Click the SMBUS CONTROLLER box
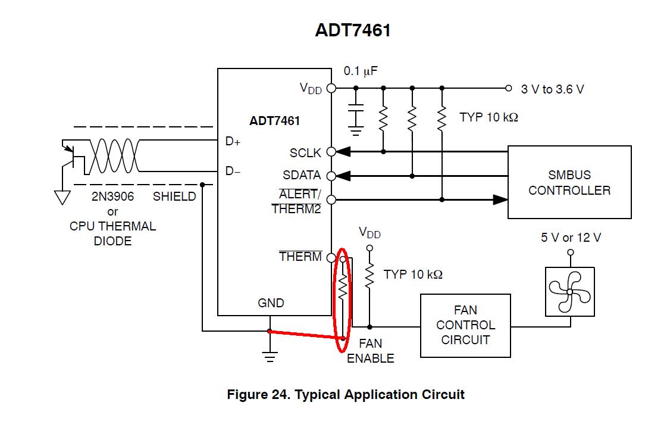pyautogui.click(x=569, y=182)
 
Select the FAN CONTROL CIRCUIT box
pyautogui.click(x=465, y=325)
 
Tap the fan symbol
pyautogui.click(x=569, y=291)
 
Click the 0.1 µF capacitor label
pyautogui.click(x=361, y=71)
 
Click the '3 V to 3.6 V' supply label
pyautogui.click(x=552, y=89)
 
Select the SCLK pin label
pyautogui.click(x=305, y=153)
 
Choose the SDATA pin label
pyautogui.click(x=302, y=176)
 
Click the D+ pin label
pyautogui.click(x=233, y=142)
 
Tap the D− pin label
pyautogui.click(x=233, y=172)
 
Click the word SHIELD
pyautogui.click(x=174, y=197)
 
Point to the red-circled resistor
pyautogui.click(x=343, y=289)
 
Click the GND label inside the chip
pyautogui.click(x=271, y=303)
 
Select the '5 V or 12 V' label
pyautogui.click(x=571, y=238)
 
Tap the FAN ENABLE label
pyautogui.click(x=370, y=351)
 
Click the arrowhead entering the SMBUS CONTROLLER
pyautogui.click(x=500, y=199)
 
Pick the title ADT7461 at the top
pyautogui.click(x=352, y=31)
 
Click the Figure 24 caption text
pyautogui.click(x=345, y=394)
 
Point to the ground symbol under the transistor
pyautogui.click(x=62, y=197)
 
